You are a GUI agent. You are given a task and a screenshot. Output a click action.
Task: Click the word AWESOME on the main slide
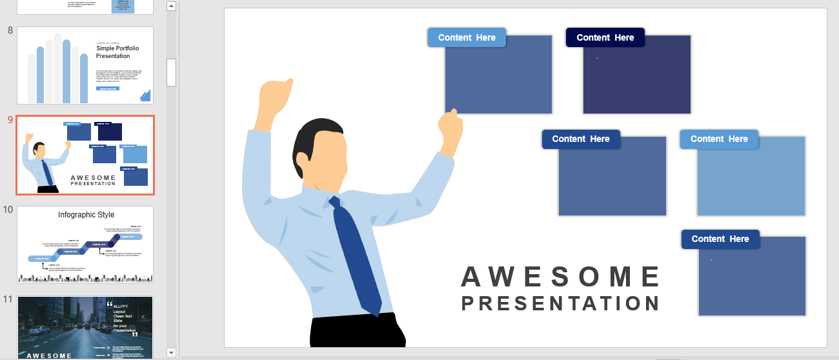(560, 277)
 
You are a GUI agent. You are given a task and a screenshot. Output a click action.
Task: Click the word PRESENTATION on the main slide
(560, 303)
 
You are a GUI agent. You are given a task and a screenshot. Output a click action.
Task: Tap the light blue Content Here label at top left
(467, 37)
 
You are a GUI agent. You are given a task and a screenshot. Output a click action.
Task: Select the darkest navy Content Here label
(605, 37)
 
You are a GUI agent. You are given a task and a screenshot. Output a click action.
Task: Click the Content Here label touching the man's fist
(580, 139)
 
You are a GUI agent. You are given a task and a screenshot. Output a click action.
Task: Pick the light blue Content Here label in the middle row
(719, 139)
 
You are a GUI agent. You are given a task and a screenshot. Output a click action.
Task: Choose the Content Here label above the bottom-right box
(720, 239)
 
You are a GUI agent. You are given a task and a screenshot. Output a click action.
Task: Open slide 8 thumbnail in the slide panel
(85, 65)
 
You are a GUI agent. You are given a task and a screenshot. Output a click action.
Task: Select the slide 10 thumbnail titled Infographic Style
(85, 245)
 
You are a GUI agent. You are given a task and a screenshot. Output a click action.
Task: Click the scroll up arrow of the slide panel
(171, 6)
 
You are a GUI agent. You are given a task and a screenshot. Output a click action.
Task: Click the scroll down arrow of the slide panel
(171, 352)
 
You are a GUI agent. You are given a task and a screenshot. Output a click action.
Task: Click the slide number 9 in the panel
(10, 120)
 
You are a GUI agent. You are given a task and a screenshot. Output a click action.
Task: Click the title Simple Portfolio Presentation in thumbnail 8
(117, 52)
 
